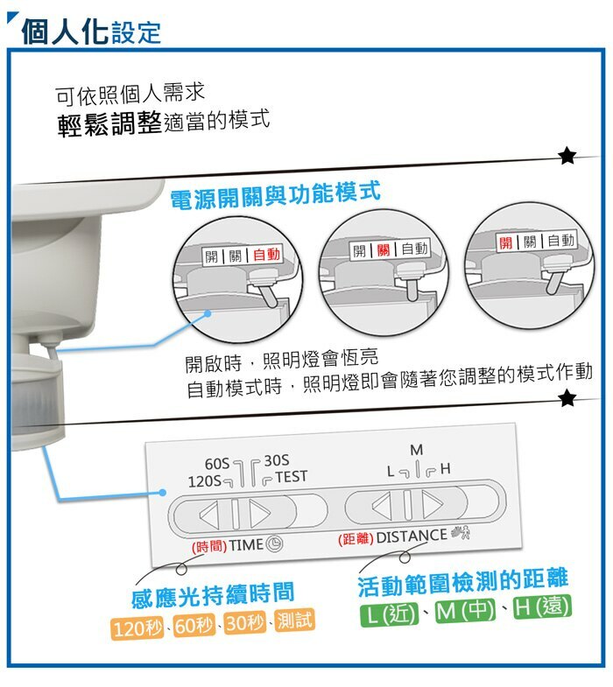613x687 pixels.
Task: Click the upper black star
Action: pyautogui.click(x=567, y=157)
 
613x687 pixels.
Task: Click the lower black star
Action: pyautogui.click(x=567, y=399)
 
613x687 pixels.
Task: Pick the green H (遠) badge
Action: pyautogui.click(x=541, y=606)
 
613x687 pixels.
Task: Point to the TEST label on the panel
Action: pyautogui.click(x=291, y=477)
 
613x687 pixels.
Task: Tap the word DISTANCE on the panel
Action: pyautogui.click(x=411, y=535)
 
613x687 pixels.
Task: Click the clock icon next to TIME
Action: pyautogui.click(x=275, y=543)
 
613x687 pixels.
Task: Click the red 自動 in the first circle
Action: pyautogui.click(x=266, y=255)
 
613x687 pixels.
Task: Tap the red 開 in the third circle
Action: pyautogui.click(x=507, y=242)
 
